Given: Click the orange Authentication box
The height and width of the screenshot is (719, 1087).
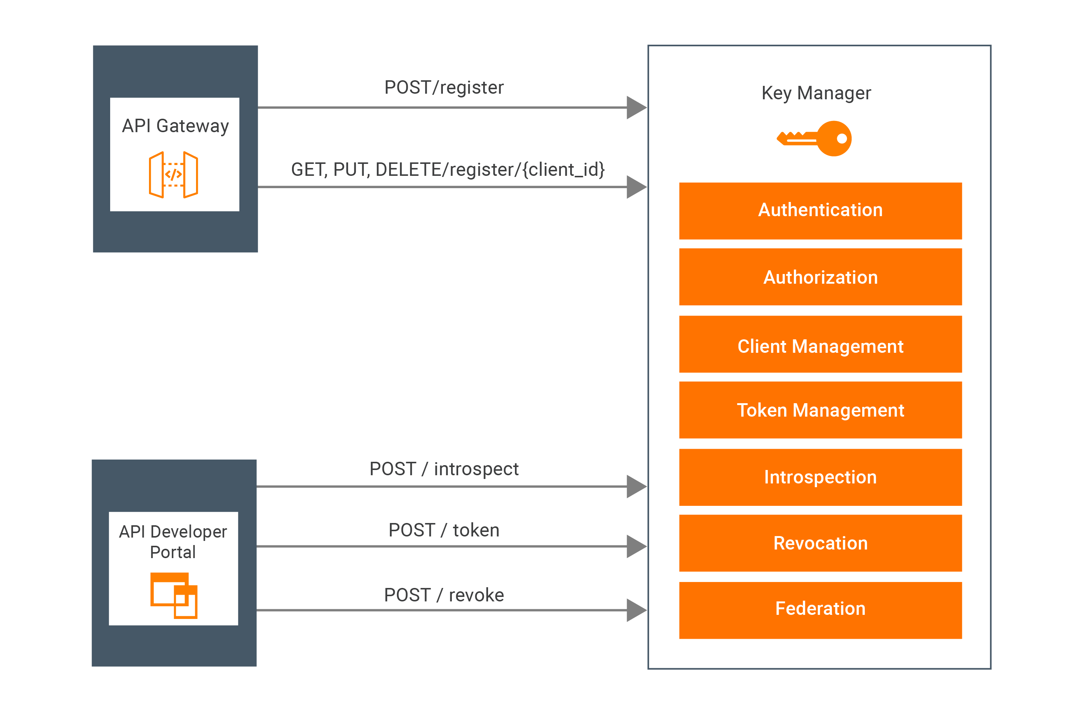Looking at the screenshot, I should coord(820,211).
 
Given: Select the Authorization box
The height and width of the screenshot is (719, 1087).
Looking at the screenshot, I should coord(820,277).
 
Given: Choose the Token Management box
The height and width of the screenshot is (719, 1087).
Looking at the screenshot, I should coord(820,410).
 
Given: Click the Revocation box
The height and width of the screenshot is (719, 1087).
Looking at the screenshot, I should coord(820,543).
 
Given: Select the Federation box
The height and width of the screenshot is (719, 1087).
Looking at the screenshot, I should coord(820,610).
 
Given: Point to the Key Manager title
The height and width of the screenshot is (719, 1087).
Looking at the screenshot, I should coord(816,93).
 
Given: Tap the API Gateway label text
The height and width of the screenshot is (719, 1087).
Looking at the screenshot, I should coord(175,126).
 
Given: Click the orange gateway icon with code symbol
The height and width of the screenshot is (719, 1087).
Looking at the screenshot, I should coord(173,175).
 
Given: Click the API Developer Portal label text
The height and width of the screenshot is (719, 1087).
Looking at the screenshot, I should coord(173,542).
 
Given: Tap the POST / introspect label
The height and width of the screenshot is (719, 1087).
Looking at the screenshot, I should coord(444,469).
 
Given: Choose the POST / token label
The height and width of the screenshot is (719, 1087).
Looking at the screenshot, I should coord(444,530).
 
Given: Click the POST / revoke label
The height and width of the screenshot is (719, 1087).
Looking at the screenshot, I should coord(444,595).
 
